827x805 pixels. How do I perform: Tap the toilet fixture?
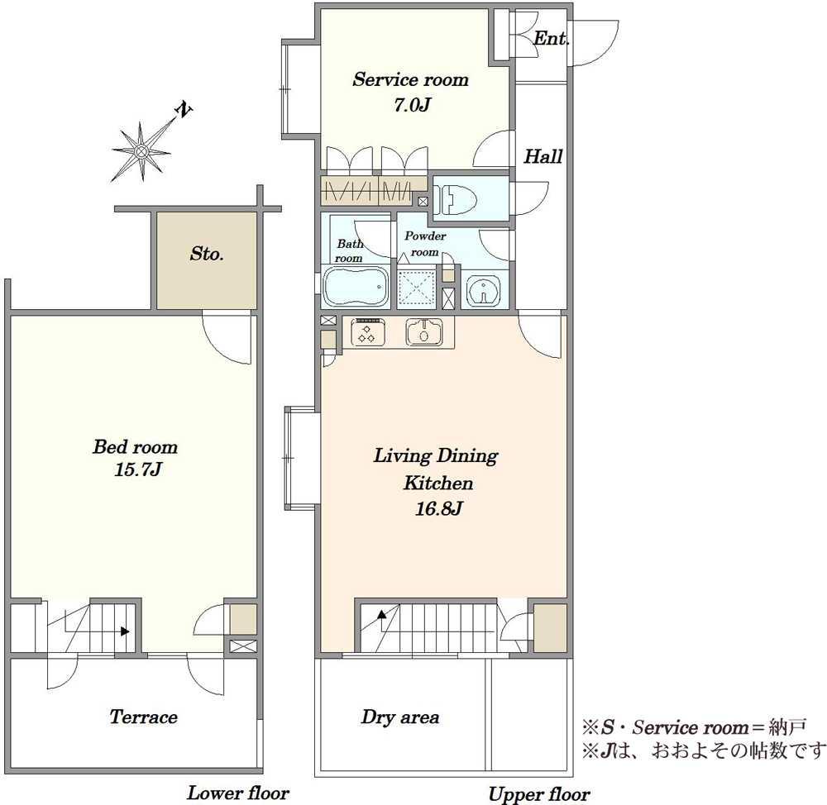click(460, 199)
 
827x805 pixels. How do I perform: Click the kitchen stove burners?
click(366, 332)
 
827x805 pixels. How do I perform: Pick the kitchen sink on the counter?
click(423, 332)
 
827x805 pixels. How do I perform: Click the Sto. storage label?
click(207, 254)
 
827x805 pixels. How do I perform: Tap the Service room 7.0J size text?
click(412, 105)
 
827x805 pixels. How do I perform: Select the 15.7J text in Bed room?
click(137, 469)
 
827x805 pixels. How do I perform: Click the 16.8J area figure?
click(439, 509)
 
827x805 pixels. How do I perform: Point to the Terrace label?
click(143, 717)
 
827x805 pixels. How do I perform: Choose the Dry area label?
click(400, 717)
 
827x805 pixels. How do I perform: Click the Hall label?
click(543, 156)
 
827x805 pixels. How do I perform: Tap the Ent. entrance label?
click(551, 38)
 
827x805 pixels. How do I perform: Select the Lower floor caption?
click(238, 793)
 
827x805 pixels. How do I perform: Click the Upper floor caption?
click(538, 794)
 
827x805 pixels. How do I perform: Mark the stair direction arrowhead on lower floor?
click(125, 631)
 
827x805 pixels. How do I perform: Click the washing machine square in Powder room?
click(416, 288)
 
